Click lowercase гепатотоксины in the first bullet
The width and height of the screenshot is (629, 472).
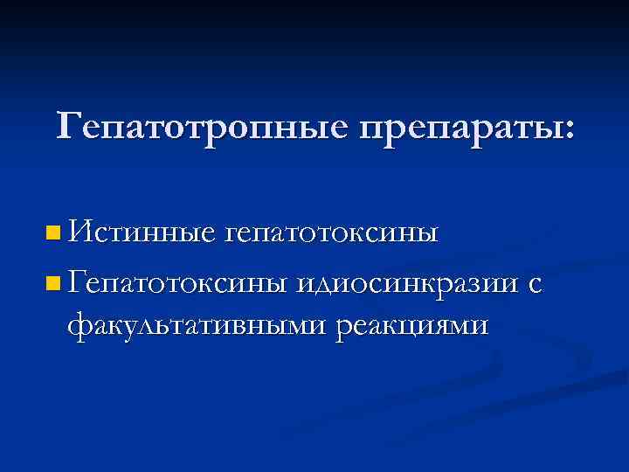pos(333,234)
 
